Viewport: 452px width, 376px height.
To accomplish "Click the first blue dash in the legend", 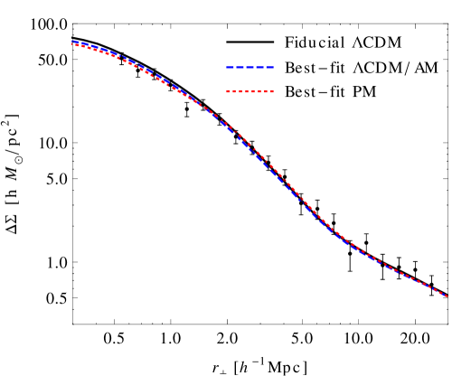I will (230, 67).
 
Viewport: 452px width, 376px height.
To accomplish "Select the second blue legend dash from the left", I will (240, 67).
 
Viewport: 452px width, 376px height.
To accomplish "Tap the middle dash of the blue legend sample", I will (250, 67).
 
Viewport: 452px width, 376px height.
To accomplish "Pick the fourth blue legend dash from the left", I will (259, 67).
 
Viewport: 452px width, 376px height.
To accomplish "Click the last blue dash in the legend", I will (268, 67).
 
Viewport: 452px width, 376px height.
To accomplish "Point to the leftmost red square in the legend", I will (228, 91).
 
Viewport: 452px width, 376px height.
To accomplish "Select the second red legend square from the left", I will (234, 91).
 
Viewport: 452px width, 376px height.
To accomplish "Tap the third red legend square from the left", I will (240, 91).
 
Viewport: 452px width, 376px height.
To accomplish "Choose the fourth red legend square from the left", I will (247, 91).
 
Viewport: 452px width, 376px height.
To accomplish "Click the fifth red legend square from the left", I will (253, 91).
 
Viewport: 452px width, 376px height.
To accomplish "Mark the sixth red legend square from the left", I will (259, 91).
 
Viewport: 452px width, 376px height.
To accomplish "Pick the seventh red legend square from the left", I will (266, 91).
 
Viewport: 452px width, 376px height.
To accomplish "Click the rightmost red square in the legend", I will (272, 91).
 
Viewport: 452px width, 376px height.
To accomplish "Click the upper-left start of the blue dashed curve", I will (73, 42).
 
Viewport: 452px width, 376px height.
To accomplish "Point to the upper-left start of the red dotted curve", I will (74, 44).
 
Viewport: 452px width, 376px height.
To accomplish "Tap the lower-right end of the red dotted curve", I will (447, 296).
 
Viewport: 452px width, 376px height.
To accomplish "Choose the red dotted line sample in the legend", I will (250, 91).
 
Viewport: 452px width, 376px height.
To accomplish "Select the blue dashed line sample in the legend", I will (250, 67).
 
